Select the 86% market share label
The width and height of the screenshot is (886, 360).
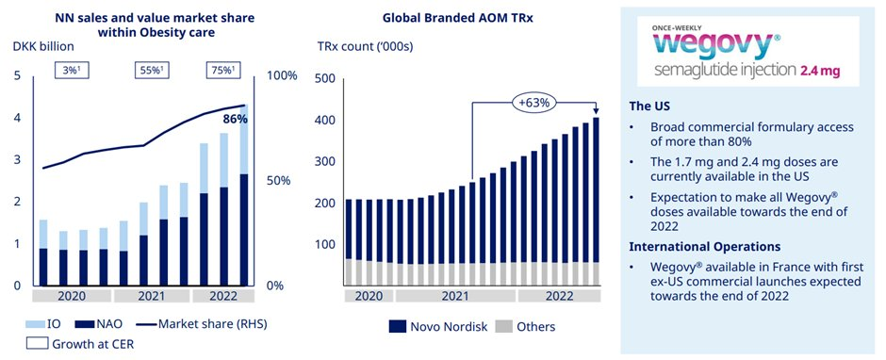tap(235, 121)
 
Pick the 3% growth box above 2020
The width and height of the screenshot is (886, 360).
tap(71, 71)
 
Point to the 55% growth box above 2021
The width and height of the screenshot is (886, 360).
tap(148, 71)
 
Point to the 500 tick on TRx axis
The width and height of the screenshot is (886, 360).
tap(324, 78)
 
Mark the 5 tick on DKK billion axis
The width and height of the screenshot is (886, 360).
tap(17, 76)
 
